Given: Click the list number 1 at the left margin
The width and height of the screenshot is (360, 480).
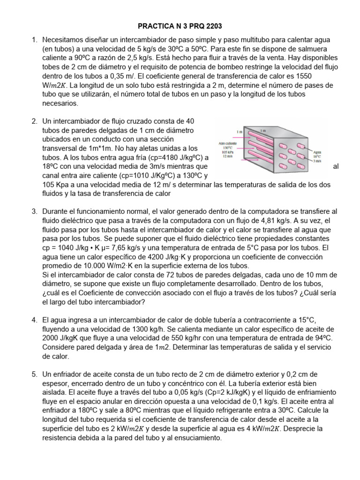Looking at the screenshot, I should [34, 40].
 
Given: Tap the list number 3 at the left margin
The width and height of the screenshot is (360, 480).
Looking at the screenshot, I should [34, 212].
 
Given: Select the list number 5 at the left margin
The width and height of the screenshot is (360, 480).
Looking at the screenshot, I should [34, 374].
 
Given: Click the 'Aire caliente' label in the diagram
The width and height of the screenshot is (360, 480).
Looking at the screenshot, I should [228, 143].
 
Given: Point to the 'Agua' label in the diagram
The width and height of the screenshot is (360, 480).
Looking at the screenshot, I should [317, 152].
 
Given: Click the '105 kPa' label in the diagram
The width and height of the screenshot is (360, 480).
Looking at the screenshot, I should [227, 152].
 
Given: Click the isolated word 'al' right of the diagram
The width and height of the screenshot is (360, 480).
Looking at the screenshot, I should [335, 166].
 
